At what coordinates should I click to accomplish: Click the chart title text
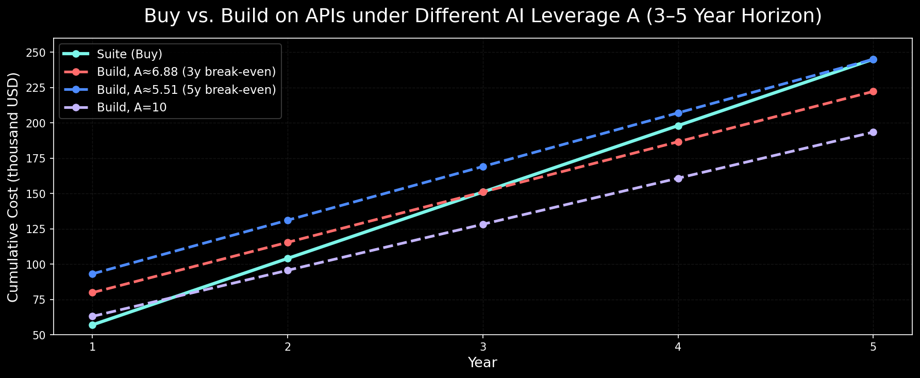[482, 16]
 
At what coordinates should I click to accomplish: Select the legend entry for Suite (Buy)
[129, 54]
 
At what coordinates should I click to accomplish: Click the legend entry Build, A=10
[131, 107]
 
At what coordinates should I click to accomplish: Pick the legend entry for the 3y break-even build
[186, 72]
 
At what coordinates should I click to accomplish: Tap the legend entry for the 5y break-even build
[186, 90]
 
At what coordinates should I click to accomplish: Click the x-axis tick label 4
[678, 347]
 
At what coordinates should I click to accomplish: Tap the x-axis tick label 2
[288, 347]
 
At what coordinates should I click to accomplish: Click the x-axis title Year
[482, 363]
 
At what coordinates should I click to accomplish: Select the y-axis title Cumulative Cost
[13, 187]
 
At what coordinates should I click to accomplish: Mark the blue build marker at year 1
[92, 274]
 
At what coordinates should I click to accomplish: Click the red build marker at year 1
[92, 292]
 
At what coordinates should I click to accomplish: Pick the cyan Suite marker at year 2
[288, 258]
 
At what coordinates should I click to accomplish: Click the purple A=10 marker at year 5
[873, 133]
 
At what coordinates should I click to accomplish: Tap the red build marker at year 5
[873, 91]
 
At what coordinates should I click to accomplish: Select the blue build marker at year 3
[483, 167]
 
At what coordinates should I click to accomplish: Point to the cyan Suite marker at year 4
[678, 126]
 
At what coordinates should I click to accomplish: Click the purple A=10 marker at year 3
[483, 224]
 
